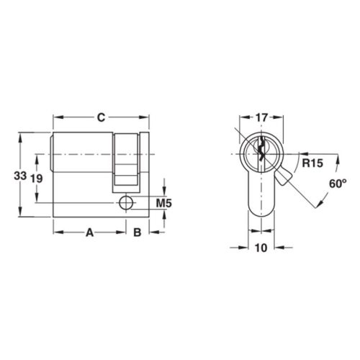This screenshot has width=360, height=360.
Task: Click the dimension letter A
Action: tap(91, 232)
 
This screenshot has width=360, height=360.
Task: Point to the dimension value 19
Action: tap(37, 180)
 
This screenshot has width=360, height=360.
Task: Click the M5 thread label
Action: tap(163, 204)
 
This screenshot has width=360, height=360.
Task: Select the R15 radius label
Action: tap(311, 163)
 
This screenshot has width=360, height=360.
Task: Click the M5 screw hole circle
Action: tap(127, 204)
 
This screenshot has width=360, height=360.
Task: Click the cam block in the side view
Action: tap(125, 161)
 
